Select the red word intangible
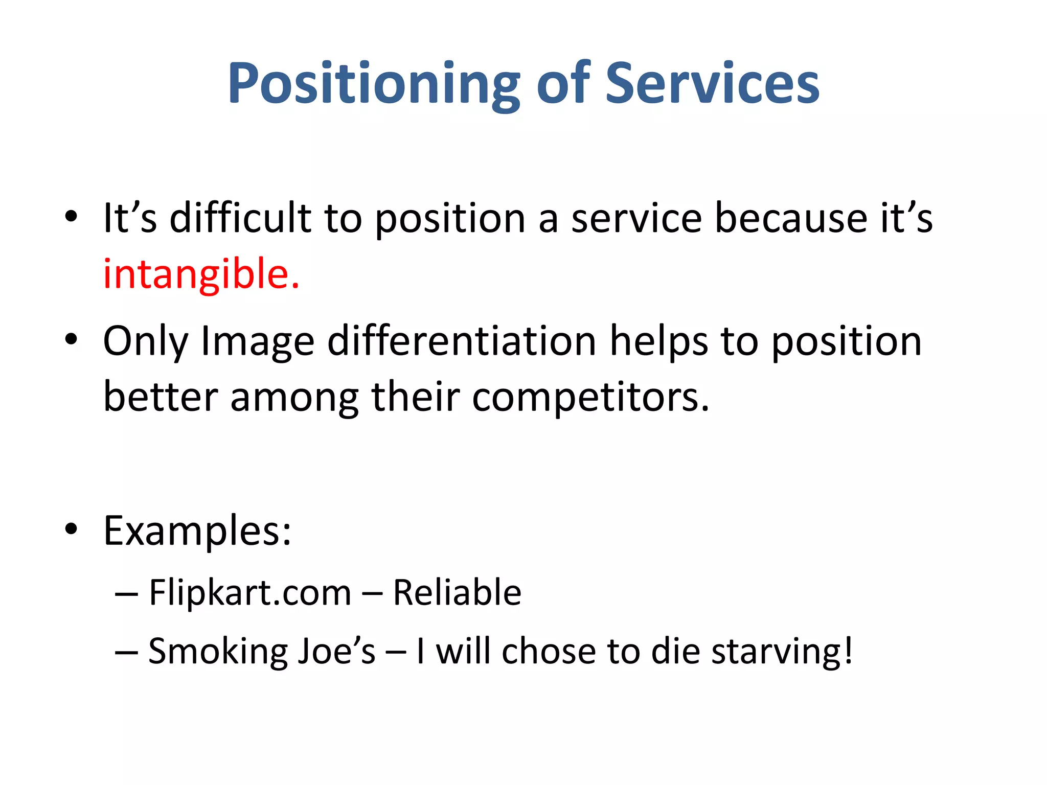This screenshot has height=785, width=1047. point(201,274)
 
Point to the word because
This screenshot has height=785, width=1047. point(790,218)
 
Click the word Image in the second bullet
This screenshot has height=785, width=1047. point(257,342)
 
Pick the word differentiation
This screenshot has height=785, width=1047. point(462,341)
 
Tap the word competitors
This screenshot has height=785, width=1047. point(590,397)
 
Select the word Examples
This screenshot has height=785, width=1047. point(197,532)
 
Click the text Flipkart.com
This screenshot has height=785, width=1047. point(250,593)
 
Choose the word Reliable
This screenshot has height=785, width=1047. point(457,593)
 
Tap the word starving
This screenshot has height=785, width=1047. point(782,652)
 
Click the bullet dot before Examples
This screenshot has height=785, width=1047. point(71,529)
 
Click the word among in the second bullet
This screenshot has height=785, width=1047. point(294,398)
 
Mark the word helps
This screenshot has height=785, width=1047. point(659,342)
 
